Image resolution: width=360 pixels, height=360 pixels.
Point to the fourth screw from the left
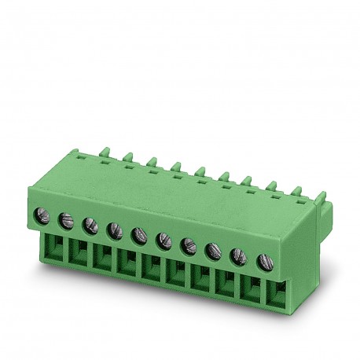pyautogui.click(x=114, y=230)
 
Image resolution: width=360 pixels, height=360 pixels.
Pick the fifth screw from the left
pyautogui.click(x=138, y=235)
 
